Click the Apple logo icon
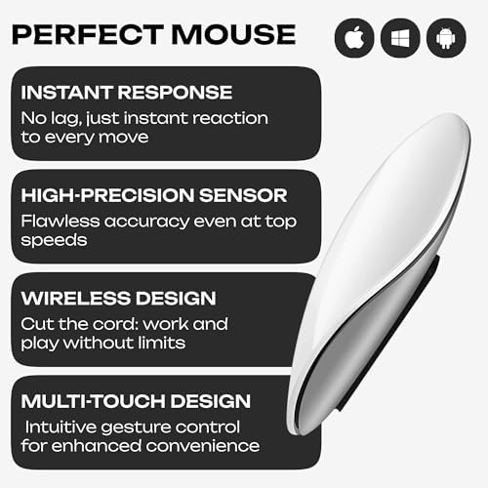(354, 38)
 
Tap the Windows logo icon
(400, 38)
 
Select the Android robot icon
(446, 38)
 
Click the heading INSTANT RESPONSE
(127, 94)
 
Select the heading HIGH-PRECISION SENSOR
(153, 195)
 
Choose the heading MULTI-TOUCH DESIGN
(136, 400)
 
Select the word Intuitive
(65, 426)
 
